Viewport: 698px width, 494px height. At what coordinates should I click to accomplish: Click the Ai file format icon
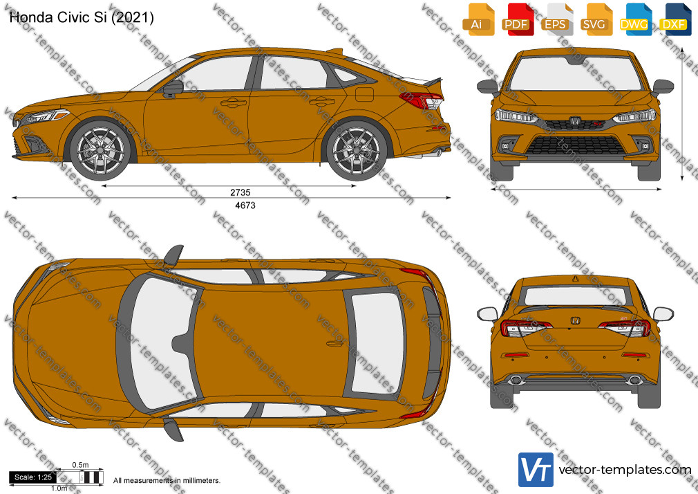click(x=478, y=19)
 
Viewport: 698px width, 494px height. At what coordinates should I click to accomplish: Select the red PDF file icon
click(x=518, y=19)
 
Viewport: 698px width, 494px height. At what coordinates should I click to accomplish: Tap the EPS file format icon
click(x=556, y=19)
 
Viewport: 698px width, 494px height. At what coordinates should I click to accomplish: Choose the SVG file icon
click(x=596, y=19)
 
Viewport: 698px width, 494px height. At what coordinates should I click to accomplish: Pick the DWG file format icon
click(x=635, y=19)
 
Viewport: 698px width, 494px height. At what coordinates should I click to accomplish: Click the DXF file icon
click(x=675, y=19)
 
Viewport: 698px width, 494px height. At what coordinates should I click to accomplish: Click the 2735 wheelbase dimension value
click(x=240, y=192)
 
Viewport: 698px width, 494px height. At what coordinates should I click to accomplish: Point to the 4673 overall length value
click(x=245, y=205)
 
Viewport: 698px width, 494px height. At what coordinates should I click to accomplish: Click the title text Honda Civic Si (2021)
click(x=82, y=17)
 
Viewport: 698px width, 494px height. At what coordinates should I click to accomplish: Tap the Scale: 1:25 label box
click(x=33, y=477)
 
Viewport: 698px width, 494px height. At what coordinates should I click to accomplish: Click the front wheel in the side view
click(x=101, y=150)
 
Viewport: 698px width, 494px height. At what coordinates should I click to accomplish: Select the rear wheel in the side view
click(x=357, y=150)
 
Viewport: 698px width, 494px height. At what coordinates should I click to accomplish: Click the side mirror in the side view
click(x=173, y=89)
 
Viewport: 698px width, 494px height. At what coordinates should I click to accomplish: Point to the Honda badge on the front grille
click(x=575, y=121)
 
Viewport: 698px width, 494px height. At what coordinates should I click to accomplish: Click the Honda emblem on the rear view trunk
click(x=575, y=320)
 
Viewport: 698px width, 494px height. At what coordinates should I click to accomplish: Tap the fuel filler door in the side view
click(x=364, y=95)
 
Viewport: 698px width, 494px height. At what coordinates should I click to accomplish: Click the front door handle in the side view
click(x=234, y=103)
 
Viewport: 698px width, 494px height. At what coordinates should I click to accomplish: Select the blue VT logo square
click(x=536, y=470)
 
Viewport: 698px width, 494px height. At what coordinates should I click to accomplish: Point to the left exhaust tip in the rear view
click(x=516, y=381)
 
